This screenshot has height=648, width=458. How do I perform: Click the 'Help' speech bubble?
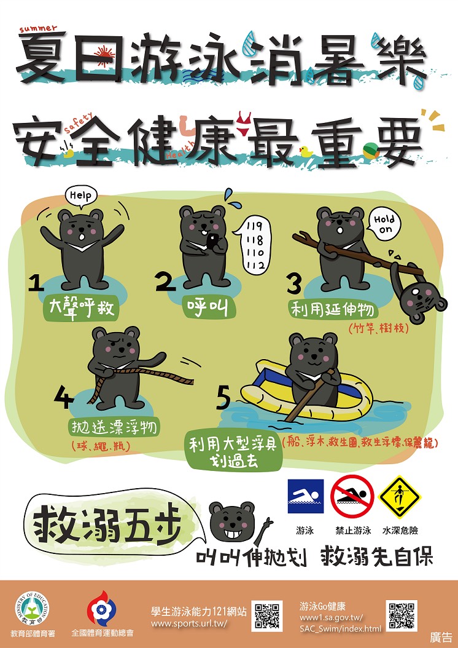80,196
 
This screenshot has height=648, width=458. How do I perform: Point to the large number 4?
63,398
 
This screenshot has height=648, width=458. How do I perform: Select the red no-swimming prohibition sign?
352,496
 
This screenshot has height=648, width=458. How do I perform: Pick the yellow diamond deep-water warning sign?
400,496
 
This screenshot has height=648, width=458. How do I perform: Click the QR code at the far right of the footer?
402,615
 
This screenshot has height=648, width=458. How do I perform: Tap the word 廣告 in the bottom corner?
440,638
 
